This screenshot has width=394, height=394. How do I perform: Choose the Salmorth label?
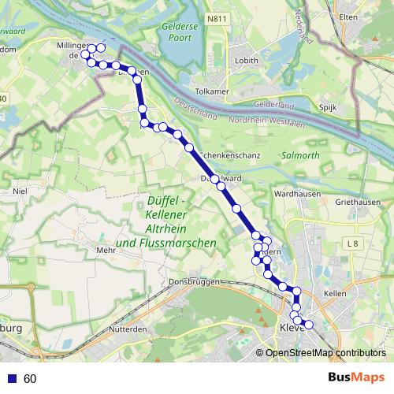point(300,155)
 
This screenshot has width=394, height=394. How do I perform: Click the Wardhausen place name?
point(295,192)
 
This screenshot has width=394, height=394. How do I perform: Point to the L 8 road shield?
point(352,244)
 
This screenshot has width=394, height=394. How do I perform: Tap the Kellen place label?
point(335,293)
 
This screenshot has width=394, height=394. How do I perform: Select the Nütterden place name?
point(130,329)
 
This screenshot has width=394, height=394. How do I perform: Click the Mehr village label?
point(106,250)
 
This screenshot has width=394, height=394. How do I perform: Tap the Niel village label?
point(21,190)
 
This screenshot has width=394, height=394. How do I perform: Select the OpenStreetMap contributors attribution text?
point(325,352)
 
